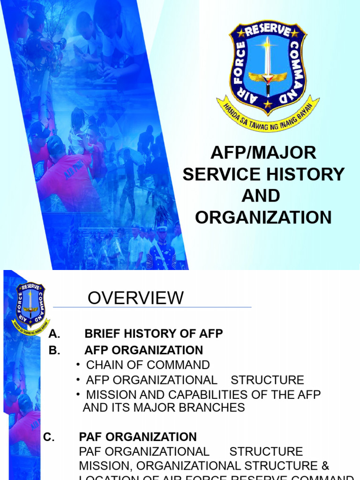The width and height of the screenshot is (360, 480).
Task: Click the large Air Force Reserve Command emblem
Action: [268, 70]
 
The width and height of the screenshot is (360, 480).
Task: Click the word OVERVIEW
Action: [136, 298]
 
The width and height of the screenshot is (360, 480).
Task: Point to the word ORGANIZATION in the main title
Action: [263, 217]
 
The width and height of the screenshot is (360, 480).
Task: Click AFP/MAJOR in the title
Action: [263, 153]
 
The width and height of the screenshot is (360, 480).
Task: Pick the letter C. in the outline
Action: [49, 437]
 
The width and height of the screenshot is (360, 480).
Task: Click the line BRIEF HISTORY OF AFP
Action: [154, 334]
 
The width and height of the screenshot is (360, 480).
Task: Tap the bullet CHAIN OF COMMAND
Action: [148, 365]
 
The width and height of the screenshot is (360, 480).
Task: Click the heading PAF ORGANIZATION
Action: [138, 437]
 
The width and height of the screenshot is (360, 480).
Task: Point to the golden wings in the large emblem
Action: [268, 78]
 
